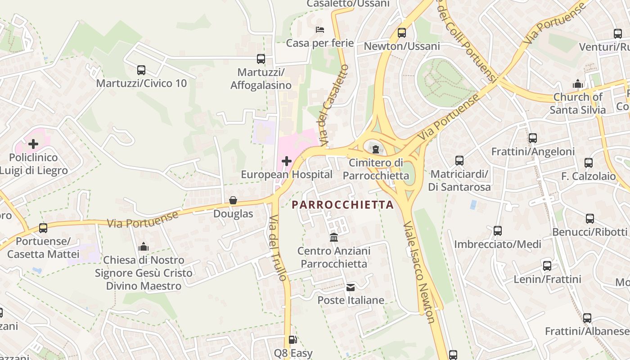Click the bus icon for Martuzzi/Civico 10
pos(141,70)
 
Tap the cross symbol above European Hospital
pos(287,161)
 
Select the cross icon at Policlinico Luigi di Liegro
pos(33,144)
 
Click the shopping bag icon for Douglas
pos(233,200)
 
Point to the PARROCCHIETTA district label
pos(342,205)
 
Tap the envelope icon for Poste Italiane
pos(351,287)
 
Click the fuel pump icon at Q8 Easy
pos(293,340)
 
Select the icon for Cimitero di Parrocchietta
pos(376,149)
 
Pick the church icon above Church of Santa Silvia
pos(578,84)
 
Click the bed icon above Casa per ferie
pos(320,30)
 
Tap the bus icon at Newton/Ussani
pos(402,33)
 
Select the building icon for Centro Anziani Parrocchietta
pos(334,237)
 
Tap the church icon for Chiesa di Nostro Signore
pos(144,247)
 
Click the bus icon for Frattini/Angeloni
pos(533,138)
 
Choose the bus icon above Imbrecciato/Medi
pos(498,231)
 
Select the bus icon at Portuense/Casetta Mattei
pos(43,228)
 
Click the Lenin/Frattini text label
pos(547,279)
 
